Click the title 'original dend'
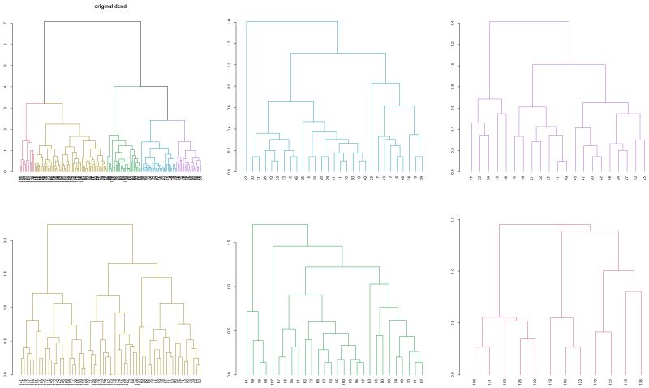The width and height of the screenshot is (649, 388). pos(110,6)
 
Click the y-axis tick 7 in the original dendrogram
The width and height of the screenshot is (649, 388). pos(6,23)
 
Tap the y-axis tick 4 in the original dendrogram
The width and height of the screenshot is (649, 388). pos(6,87)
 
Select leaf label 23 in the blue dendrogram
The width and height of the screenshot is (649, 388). pos(372,177)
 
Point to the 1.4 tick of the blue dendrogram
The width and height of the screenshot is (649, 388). pos(230,22)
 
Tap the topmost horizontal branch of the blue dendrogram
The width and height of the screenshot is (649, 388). pos(292,21)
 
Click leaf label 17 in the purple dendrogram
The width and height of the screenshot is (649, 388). pos(472,177)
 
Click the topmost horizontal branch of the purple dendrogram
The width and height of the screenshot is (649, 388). pos(529,21)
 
